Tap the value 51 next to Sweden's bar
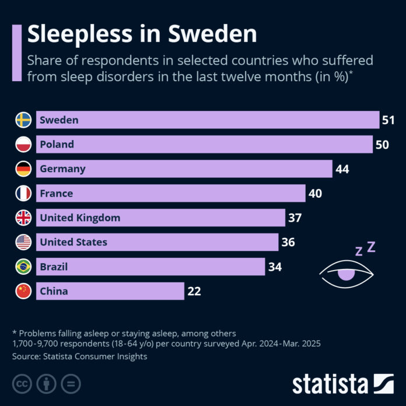click(x=388, y=121)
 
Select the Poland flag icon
click(x=23, y=145)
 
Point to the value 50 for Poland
click(x=382, y=145)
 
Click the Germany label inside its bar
click(x=62, y=169)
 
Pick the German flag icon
click(x=23, y=169)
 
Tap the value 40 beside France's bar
click(x=315, y=194)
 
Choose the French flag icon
click(x=23, y=194)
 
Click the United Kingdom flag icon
click(x=23, y=218)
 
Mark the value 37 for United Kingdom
click(x=295, y=218)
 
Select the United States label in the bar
click(x=73, y=242)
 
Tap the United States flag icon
click(x=23, y=242)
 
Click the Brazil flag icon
click(x=23, y=267)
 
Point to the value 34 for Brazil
click(x=275, y=267)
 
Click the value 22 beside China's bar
click(x=194, y=291)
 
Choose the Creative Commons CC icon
click(x=22, y=383)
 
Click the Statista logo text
click(x=330, y=384)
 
